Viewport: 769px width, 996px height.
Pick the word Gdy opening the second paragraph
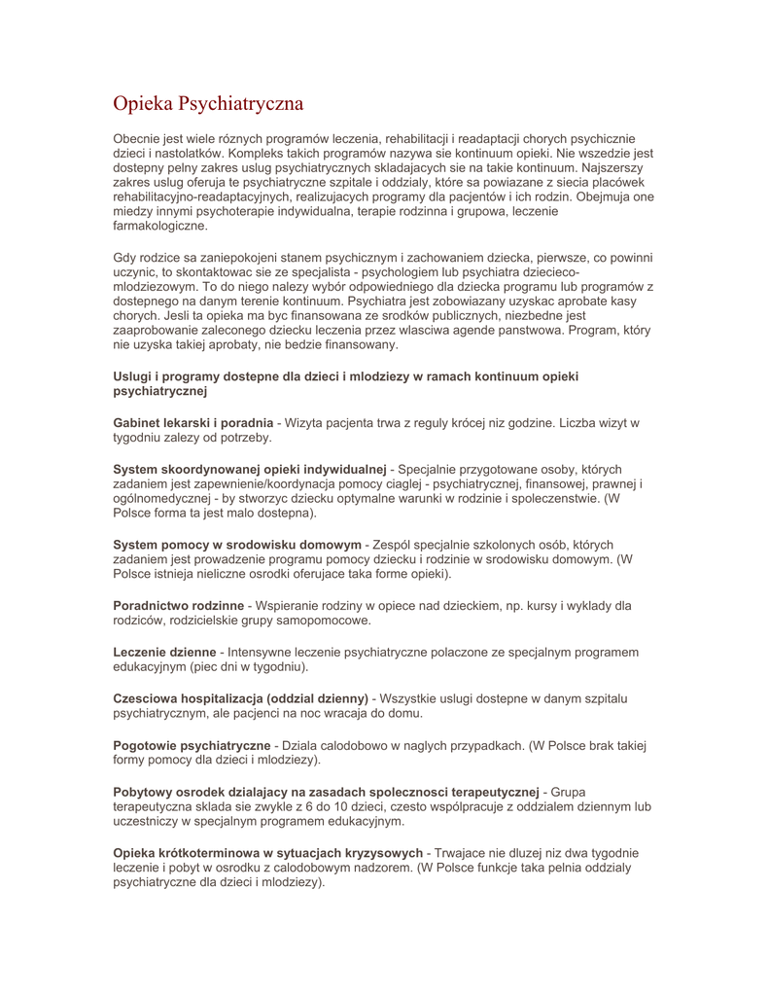(x=125, y=258)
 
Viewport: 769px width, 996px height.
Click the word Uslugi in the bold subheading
(x=132, y=375)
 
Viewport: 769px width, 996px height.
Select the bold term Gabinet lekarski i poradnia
(x=193, y=423)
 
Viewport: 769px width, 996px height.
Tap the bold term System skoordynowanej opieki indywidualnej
(x=250, y=470)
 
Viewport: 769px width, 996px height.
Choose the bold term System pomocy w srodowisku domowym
(x=237, y=545)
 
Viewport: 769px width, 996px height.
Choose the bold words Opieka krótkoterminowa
(x=190, y=853)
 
